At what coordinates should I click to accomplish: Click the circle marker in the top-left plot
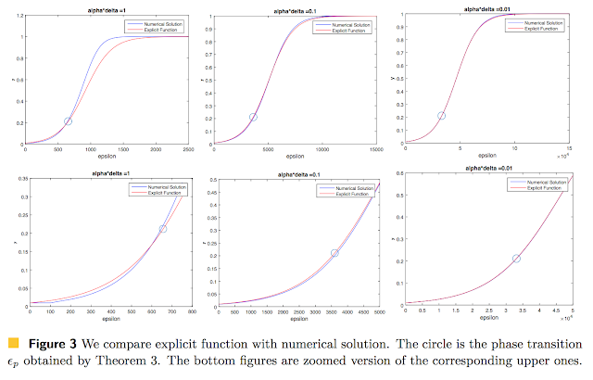(69, 120)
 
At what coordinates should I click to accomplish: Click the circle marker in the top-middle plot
(253, 117)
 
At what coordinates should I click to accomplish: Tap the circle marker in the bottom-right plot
(518, 259)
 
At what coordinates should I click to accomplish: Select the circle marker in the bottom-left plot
(163, 229)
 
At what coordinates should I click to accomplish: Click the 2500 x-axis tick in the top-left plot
(189, 150)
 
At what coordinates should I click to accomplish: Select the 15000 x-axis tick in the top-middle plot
(376, 150)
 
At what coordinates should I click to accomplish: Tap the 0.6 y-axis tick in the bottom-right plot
(398, 173)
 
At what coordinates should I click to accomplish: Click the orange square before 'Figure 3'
(13, 344)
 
